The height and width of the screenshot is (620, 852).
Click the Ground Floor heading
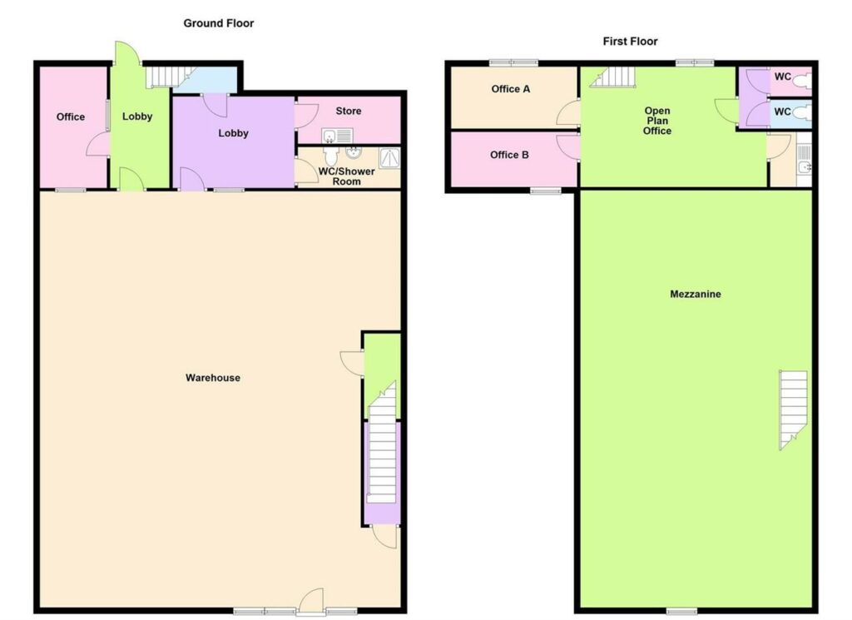pyautogui.click(x=219, y=23)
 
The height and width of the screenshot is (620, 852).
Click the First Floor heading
pyautogui.click(x=630, y=41)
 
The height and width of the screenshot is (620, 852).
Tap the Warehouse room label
pyautogui.click(x=213, y=378)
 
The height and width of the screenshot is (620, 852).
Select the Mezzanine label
pyautogui.click(x=695, y=294)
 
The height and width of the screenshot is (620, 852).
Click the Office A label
pyautogui.click(x=510, y=89)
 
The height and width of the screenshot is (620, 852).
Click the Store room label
pyautogui.click(x=349, y=111)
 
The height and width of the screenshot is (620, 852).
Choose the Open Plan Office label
pyautogui.click(x=656, y=121)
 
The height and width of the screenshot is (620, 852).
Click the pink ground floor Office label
pyautogui.click(x=71, y=117)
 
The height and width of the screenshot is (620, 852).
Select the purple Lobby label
pyautogui.click(x=234, y=133)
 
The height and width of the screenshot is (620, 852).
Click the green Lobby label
pyautogui.click(x=137, y=117)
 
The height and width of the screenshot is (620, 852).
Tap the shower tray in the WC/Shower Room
pyautogui.click(x=389, y=156)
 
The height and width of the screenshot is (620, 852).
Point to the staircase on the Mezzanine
pyautogui.click(x=792, y=408)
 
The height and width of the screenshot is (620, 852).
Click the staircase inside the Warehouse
pyautogui.click(x=382, y=458)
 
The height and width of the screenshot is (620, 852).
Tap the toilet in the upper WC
pyautogui.click(x=801, y=82)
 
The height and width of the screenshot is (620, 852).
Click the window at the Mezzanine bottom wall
pyautogui.click(x=682, y=612)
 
